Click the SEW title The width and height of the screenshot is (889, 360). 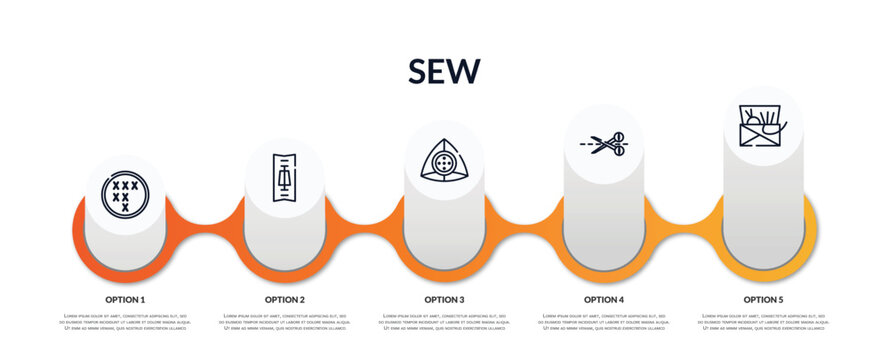point(444,71)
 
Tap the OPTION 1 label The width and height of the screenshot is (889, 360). point(125,299)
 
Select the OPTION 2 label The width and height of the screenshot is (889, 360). point(285,299)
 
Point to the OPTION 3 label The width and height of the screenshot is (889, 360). point(444,299)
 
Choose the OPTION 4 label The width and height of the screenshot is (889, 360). point(604,299)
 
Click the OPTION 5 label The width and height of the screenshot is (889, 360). point(763,299)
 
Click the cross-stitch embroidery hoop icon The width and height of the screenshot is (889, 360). point(125,193)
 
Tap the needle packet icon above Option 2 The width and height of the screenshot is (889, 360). point(285,178)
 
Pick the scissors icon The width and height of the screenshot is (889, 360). point(604,144)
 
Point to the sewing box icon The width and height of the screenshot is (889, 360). point(763,126)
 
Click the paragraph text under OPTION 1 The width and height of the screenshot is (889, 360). point(125,322)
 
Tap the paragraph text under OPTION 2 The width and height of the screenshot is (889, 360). point(285,322)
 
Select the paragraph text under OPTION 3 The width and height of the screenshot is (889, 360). point(444,322)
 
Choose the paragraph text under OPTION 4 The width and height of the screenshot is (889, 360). point(604,322)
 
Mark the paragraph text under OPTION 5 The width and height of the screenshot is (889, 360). point(763,322)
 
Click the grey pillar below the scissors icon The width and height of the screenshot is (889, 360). point(604,220)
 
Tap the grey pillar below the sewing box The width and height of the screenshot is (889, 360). point(763,210)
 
